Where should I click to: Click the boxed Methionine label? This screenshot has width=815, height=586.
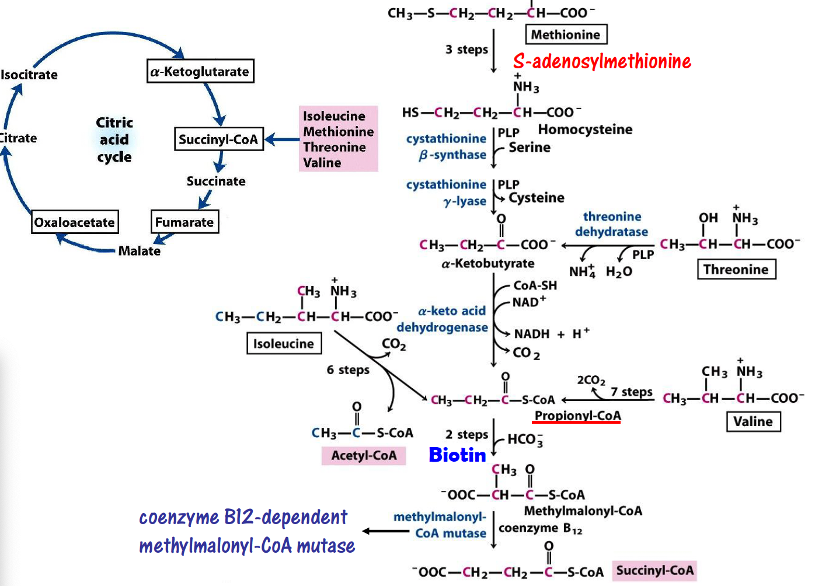coord(566,34)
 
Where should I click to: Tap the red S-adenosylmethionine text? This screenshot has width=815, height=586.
coord(602,61)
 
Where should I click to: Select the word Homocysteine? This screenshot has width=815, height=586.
coord(585,130)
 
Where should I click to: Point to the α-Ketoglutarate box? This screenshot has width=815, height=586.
coord(200,71)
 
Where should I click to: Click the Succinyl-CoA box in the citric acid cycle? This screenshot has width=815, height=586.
coord(218,139)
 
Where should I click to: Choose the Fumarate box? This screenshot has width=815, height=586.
coord(184,222)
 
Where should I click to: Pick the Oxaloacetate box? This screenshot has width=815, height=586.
coord(75,222)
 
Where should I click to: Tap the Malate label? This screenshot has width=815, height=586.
coord(139,251)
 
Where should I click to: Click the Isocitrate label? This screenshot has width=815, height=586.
coord(29,75)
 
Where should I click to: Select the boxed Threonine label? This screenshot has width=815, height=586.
coord(736,270)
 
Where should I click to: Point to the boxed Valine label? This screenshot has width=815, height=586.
coord(753,421)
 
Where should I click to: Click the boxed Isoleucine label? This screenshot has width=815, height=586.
coord(284,344)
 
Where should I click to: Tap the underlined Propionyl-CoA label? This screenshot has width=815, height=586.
coord(577,416)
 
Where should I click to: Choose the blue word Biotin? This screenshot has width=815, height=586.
coord(457,455)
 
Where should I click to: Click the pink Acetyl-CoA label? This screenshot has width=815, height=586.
coord(364,455)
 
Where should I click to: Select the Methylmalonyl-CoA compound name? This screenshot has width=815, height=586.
coord(583,511)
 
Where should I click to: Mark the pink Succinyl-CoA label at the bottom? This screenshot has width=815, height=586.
coord(654,570)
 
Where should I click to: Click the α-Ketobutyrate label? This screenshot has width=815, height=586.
coord(487,264)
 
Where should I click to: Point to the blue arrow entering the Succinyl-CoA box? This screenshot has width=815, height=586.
coord(283,139)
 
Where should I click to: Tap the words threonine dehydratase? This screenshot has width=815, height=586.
coord(611,224)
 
